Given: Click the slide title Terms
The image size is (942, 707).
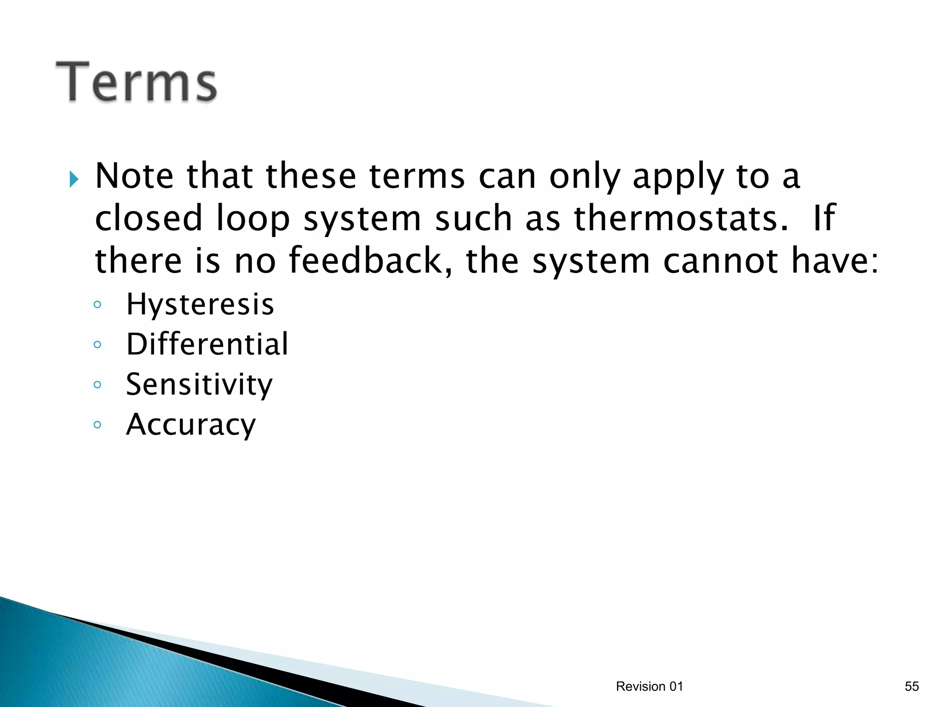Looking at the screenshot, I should [x=136, y=82].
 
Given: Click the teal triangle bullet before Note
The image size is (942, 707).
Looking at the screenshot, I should [x=74, y=179].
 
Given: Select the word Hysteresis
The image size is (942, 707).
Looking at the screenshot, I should [x=200, y=305].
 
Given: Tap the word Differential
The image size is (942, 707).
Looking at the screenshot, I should [x=207, y=344].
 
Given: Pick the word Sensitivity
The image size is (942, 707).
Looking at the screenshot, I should [x=199, y=385].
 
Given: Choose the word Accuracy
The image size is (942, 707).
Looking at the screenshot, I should [x=191, y=425].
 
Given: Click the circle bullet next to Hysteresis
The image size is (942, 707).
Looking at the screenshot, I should [x=97, y=305].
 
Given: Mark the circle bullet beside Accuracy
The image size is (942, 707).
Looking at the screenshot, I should [x=97, y=425].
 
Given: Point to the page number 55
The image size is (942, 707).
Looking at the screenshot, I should [x=912, y=686].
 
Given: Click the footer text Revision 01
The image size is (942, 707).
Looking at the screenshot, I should [x=649, y=686].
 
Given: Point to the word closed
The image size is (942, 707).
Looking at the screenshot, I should [x=149, y=218].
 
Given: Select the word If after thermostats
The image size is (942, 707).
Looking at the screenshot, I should [x=824, y=218].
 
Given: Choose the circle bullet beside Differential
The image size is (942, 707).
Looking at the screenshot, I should [x=97, y=344].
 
